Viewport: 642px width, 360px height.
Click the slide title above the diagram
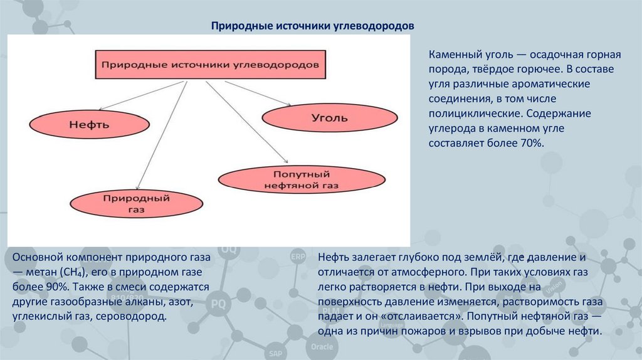[312, 28]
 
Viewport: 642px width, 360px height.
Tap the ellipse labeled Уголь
[329, 117]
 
